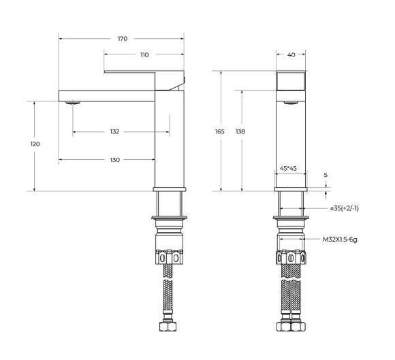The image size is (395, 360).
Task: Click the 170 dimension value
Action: pyautogui.click(x=122, y=39)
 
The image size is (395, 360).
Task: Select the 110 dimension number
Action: pyautogui.click(x=144, y=54)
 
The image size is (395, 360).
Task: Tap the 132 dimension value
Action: pyautogui.click(x=114, y=131)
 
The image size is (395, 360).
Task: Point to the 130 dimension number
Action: pyautogui.click(x=114, y=160)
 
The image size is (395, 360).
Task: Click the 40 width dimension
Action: pyautogui.click(x=291, y=54)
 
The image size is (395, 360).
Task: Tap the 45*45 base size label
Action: pyautogui.click(x=291, y=168)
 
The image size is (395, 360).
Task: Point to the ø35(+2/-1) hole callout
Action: pyautogui.click(x=344, y=208)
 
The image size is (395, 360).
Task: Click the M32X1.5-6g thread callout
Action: pyautogui.click(x=341, y=239)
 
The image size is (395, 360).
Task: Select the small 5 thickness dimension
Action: pyautogui.click(x=326, y=175)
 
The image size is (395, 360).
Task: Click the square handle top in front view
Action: pyautogui.click(x=291, y=81)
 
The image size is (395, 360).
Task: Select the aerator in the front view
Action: pyautogui.click(x=291, y=103)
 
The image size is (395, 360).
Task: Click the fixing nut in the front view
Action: pyautogui.click(x=291, y=258)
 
